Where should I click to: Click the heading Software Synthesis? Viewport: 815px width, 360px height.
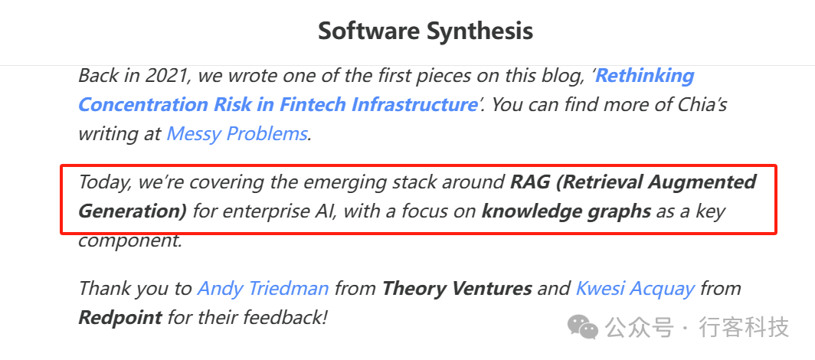point(425,31)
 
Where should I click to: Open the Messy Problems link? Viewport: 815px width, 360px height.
point(237,134)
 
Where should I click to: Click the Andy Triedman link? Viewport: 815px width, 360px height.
point(263,288)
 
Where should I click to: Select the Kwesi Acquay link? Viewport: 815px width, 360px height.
point(635,288)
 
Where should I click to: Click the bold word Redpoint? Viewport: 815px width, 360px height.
point(120,317)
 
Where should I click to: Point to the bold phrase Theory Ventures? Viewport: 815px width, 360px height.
point(457,288)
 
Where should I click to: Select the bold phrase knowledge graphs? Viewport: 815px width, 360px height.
point(566,212)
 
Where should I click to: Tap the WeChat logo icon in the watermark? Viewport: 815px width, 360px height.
point(583,327)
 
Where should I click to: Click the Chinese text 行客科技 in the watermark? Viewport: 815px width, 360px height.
point(745,328)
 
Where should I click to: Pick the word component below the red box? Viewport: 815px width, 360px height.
point(130,241)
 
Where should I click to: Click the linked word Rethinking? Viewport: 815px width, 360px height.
point(644,76)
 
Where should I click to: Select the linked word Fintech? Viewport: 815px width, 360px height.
point(313,104)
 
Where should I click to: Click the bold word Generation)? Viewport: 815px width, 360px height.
point(133,212)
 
